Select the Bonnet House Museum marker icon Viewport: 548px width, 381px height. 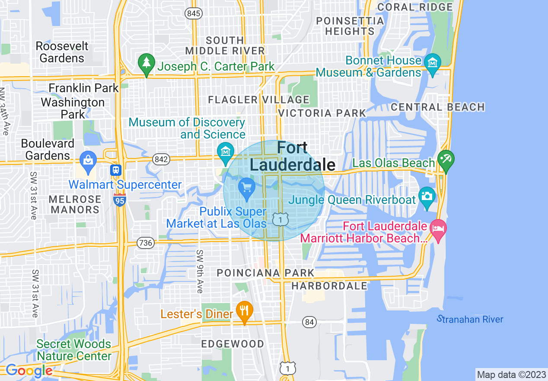click(x=432, y=63)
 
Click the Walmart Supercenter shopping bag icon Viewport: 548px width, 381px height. click(x=88, y=159)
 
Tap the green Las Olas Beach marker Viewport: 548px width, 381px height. click(x=446, y=160)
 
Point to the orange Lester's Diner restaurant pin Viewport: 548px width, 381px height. click(x=245, y=311)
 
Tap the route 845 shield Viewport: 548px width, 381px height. click(x=194, y=14)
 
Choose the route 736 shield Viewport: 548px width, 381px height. click(x=145, y=243)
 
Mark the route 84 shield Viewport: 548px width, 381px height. click(x=309, y=322)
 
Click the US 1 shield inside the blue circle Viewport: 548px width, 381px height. click(x=280, y=220)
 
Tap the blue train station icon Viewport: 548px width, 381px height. click(x=115, y=170)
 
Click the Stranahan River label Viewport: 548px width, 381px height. click(x=470, y=320)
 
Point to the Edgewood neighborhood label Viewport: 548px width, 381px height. click(x=233, y=344)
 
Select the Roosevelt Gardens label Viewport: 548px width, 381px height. click(x=62, y=52)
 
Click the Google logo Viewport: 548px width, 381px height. click(x=29, y=371)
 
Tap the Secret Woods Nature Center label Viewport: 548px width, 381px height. click(x=74, y=350)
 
